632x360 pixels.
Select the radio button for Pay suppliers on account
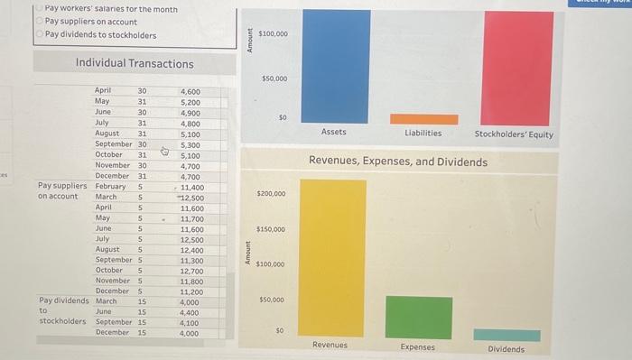click(x=40, y=22)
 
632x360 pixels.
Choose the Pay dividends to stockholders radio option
click(x=40, y=35)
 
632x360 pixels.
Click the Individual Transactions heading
click(x=135, y=63)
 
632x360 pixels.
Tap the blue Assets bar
click(x=334, y=66)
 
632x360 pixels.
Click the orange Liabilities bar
click(x=423, y=119)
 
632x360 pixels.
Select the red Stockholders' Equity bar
click(x=518, y=68)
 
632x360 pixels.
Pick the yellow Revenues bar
click(x=332, y=259)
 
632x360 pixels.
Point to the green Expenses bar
click(x=418, y=317)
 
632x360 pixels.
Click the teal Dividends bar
click(x=507, y=335)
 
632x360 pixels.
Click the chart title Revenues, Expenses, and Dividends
click(x=397, y=162)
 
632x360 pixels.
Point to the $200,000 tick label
click(x=272, y=194)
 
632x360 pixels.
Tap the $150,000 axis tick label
click(x=272, y=229)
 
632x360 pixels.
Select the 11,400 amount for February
click(x=191, y=187)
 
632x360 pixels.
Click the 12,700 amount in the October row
click(x=191, y=270)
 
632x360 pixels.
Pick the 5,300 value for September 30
click(x=191, y=144)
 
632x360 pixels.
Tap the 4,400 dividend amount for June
click(x=189, y=312)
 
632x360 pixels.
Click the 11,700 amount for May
click(x=191, y=218)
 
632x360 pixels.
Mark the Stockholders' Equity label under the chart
click(x=515, y=134)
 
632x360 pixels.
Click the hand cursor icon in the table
click(x=164, y=152)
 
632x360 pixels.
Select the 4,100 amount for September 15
click(x=189, y=322)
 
